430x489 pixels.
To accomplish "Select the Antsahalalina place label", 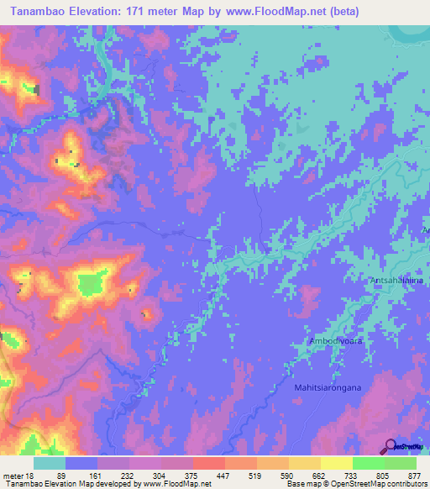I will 396,277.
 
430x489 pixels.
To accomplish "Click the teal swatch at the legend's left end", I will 50,463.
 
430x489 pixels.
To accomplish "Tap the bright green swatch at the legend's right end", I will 401,463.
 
